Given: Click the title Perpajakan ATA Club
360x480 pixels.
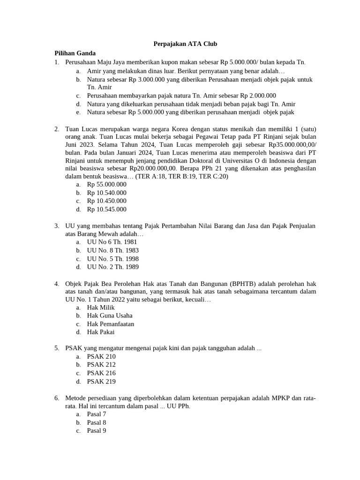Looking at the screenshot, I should click(186, 44).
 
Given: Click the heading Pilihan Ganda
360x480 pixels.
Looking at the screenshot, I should click(75, 53).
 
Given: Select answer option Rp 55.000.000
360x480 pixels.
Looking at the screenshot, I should click(106, 185).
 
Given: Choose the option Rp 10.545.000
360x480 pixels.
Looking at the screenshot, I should click(106, 210).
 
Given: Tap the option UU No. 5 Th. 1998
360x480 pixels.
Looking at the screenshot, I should click(112, 259).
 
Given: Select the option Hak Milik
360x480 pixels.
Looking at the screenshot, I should click(101, 307).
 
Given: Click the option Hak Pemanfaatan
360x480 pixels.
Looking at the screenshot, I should click(111, 324).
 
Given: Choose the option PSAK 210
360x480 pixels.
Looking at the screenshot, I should click(101, 356).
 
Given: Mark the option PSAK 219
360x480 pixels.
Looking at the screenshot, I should click(101, 382).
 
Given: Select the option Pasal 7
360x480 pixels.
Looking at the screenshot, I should click(97, 414).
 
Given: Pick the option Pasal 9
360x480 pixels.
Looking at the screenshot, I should click(97, 430).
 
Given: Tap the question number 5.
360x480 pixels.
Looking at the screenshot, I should click(56, 348).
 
